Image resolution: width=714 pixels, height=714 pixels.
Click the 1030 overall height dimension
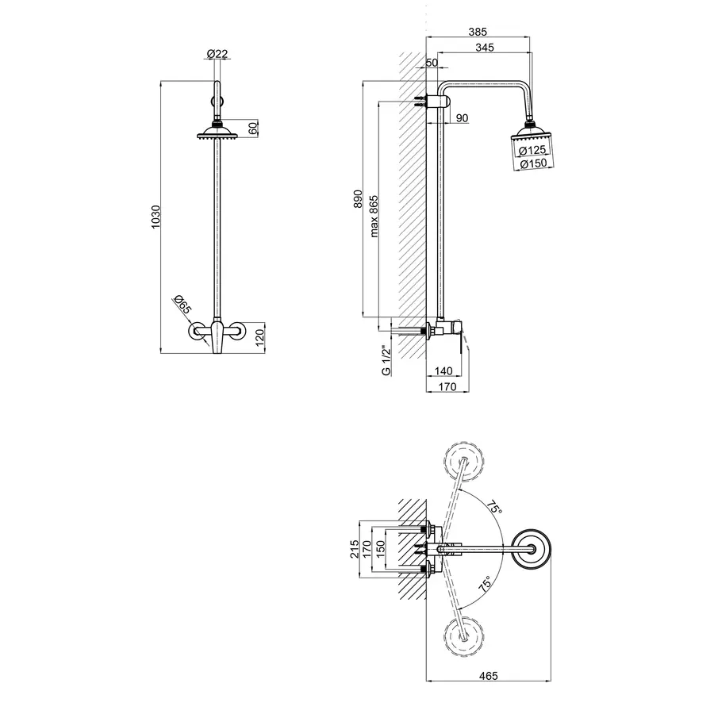pos(156,217)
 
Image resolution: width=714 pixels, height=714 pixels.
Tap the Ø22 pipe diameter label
pos(217,54)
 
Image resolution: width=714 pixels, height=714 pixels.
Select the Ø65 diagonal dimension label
pos(182,304)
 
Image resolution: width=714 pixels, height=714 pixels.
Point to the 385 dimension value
pos(478,32)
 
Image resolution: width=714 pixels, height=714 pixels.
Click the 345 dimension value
pos(485,48)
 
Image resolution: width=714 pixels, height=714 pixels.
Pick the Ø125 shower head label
pos(532,150)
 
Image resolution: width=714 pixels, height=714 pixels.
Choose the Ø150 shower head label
pos(533,163)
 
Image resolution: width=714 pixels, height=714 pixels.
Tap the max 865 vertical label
pos(374,217)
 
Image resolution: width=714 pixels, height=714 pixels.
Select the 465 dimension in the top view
pos(489,676)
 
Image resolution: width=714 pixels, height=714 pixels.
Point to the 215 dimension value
pos(355,549)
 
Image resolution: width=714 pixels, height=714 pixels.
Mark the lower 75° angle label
pos(486,584)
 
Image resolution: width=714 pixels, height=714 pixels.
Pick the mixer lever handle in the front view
pos(217,337)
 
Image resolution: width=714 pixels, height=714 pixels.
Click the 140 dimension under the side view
pos(443,370)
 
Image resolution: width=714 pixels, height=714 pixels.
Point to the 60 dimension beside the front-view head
pos(253,128)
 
